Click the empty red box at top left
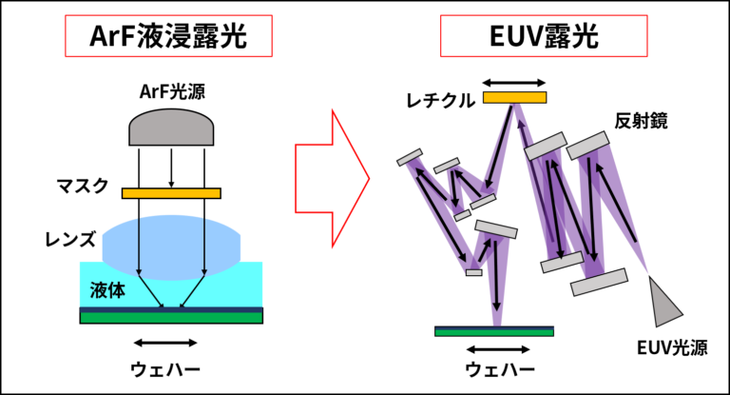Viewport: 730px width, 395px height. tap(168, 36)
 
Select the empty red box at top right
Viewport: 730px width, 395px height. tap(543, 36)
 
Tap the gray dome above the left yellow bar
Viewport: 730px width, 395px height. tap(171, 128)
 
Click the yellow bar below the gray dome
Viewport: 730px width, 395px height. tap(171, 193)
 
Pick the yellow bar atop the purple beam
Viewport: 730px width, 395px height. tap(514, 97)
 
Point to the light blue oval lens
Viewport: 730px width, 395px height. tap(171, 243)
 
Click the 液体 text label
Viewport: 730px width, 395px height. tap(107, 290)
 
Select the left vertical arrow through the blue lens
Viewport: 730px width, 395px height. tap(139, 246)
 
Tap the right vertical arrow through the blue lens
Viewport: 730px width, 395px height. tap(203, 246)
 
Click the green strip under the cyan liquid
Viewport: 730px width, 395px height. tap(171, 318)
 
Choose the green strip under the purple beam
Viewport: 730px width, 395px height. tap(493, 332)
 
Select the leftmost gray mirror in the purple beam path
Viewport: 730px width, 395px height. tap(410, 157)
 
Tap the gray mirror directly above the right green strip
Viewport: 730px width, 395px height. tap(496, 229)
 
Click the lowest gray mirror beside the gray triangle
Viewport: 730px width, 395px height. tap(599, 282)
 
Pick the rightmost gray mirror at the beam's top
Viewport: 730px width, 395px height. tap(587, 146)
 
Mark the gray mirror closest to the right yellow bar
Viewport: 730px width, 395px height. tap(545, 147)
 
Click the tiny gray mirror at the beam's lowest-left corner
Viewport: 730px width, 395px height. tap(473, 272)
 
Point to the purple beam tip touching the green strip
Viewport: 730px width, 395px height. tap(496, 324)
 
